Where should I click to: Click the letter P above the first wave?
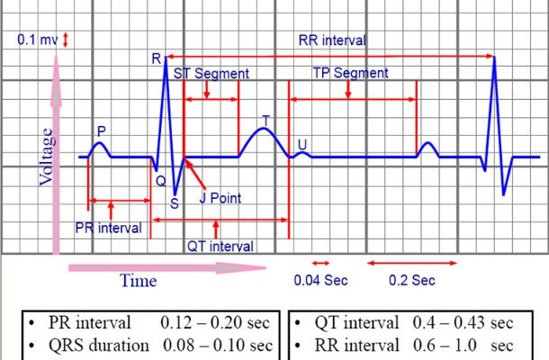pyautogui.click(x=101, y=131)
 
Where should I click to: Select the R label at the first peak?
pyautogui.click(x=156, y=59)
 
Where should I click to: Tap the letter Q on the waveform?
pyautogui.click(x=160, y=179)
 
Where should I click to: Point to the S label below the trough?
pyautogui.click(x=174, y=203)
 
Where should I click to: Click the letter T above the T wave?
pyautogui.click(x=265, y=120)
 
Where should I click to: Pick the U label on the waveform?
pyautogui.click(x=301, y=144)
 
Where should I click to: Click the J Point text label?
pyautogui.click(x=221, y=195)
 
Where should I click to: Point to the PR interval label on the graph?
pyautogui.click(x=108, y=228)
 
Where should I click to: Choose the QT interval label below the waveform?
pyautogui.click(x=220, y=246)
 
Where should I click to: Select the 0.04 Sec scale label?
pyautogui.click(x=320, y=280)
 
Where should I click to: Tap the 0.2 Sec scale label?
pyautogui.click(x=412, y=280)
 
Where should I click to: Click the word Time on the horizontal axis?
pyautogui.click(x=138, y=280)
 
